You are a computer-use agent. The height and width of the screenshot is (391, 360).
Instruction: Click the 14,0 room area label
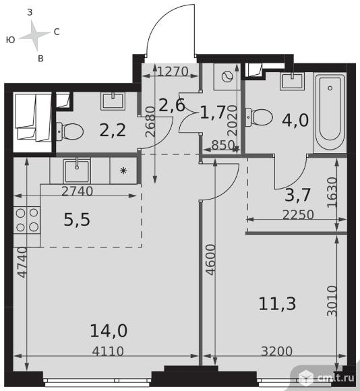pyautogui.click(x=109, y=331)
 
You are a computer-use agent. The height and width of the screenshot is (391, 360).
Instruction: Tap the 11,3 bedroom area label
pyautogui.click(x=277, y=304)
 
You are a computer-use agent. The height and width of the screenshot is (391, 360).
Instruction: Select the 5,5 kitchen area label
pyautogui.click(x=77, y=220)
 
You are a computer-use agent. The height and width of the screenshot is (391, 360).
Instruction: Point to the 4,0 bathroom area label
pyautogui.click(x=295, y=120)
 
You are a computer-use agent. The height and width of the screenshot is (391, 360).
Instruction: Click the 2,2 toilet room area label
pyautogui.click(x=113, y=130)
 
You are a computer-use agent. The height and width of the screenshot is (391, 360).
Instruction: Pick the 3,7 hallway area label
pyautogui.click(x=297, y=195)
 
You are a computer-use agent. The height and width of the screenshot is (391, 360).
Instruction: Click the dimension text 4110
pyautogui.click(x=108, y=351)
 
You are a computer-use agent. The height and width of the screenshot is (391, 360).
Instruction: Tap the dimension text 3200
pyautogui.click(x=276, y=351)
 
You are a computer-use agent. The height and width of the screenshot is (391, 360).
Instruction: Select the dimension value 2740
pyautogui.click(x=78, y=191)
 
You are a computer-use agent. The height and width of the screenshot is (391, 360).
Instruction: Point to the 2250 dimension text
pyautogui.click(x=298, y=214)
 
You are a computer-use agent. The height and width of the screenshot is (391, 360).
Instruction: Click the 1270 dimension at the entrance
pyautogui.click(x=173, y=71)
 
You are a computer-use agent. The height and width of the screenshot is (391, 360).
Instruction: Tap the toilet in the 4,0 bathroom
pyautogui.click(x=259, y=117)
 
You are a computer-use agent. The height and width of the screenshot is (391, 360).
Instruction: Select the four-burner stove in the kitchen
pyautogui.click(x=27, y=220)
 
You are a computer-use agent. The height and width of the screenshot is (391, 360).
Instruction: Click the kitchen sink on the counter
pyautogui.click(x=77, y=171)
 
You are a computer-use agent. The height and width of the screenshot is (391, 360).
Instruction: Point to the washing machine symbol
pyautogui.click(x=227, y=77)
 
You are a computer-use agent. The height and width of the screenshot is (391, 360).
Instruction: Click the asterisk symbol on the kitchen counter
pyautogui.click(x=123, y=171)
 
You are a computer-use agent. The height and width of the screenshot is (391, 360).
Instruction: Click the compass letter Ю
pyautogui.click(x=11, y=40)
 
